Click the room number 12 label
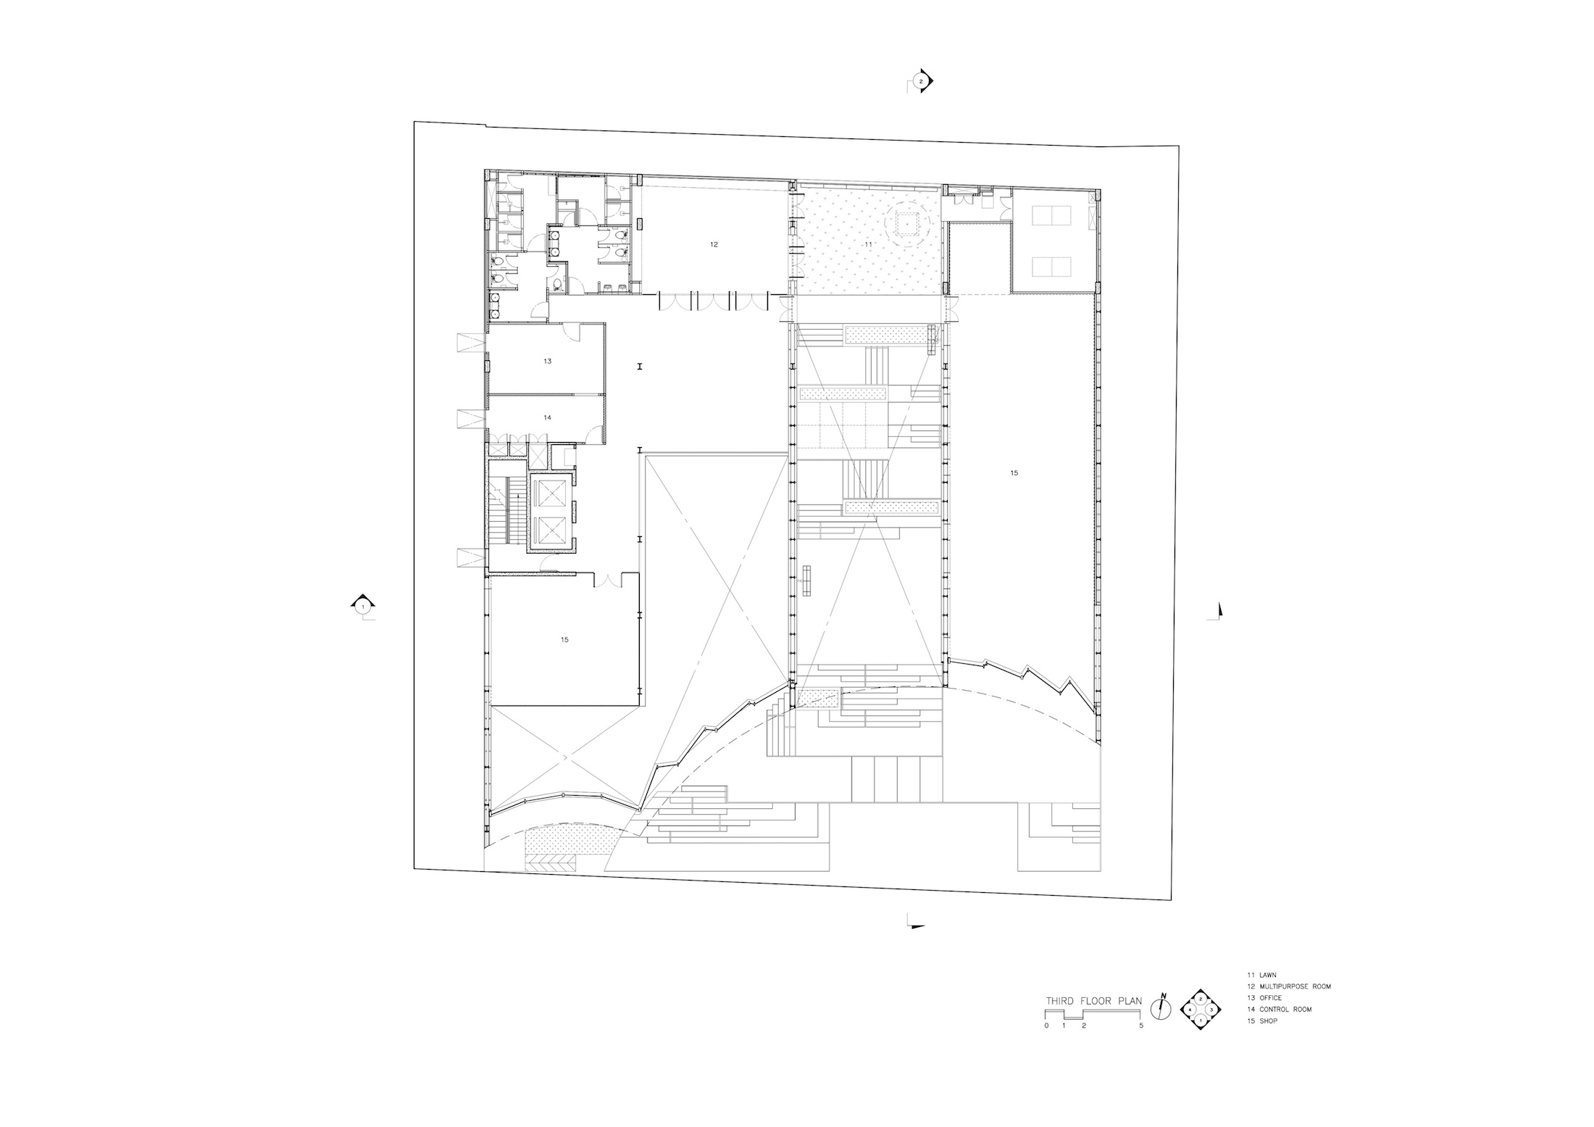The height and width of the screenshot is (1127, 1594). click(714, 245)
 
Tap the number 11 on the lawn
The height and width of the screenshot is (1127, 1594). click(868, 245)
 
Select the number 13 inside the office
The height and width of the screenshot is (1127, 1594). click(547, 361)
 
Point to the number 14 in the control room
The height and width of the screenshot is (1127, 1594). click(547, 417)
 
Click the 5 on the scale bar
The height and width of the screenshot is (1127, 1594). click(1141, 1026)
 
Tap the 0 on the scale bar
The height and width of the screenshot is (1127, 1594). click(1046, 1026)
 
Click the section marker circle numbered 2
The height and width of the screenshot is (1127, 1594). click(921, 82)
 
